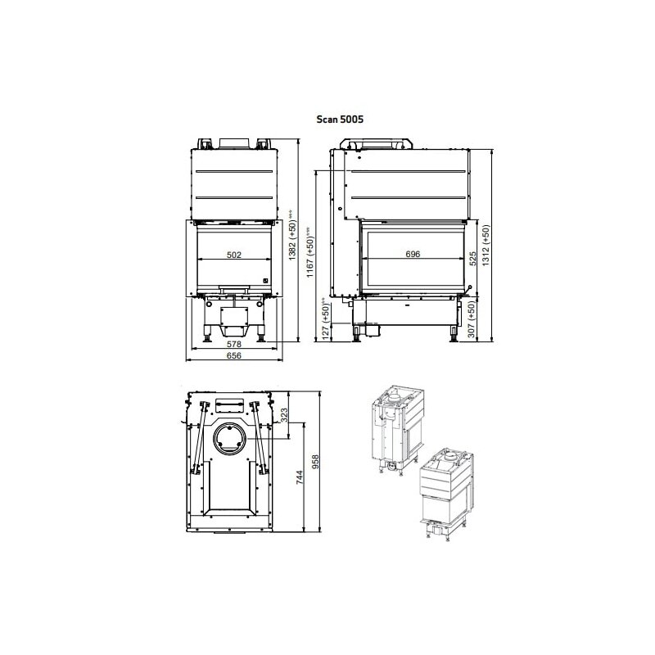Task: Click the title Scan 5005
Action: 340,119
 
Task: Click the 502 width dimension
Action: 233,255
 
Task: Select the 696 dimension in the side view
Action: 412,255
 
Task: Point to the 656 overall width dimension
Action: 233,356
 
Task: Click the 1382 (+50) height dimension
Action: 292,237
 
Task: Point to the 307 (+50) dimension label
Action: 472,322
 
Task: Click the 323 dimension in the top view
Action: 284,415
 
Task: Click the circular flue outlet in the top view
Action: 228,439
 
